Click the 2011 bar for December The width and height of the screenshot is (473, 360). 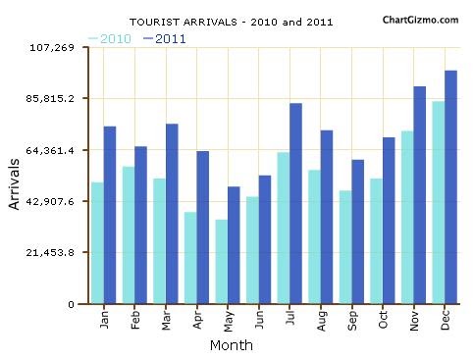(x=450, y=187)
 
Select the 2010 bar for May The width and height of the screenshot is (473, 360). (x=222, y=262)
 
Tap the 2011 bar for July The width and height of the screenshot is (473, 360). (x=295, y=204)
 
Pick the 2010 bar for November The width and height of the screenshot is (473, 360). (x=407, y=218)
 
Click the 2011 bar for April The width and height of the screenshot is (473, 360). (x=202, y=228)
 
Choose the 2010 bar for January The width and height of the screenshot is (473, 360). (x=97, y=243)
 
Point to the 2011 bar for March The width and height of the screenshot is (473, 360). (x=172, y=214)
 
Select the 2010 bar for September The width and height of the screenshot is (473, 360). (x=345, y=247)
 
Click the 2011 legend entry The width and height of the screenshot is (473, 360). (x=164, y=38)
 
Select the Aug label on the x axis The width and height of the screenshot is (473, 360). (x=321, y=320)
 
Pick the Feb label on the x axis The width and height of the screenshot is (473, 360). (x=135, y=320)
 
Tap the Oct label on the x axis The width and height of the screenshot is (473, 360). (x=383, y=320)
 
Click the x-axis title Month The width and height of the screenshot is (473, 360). (x=231, y=345)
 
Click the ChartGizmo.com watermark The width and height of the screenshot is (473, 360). (x=419, y=19)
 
